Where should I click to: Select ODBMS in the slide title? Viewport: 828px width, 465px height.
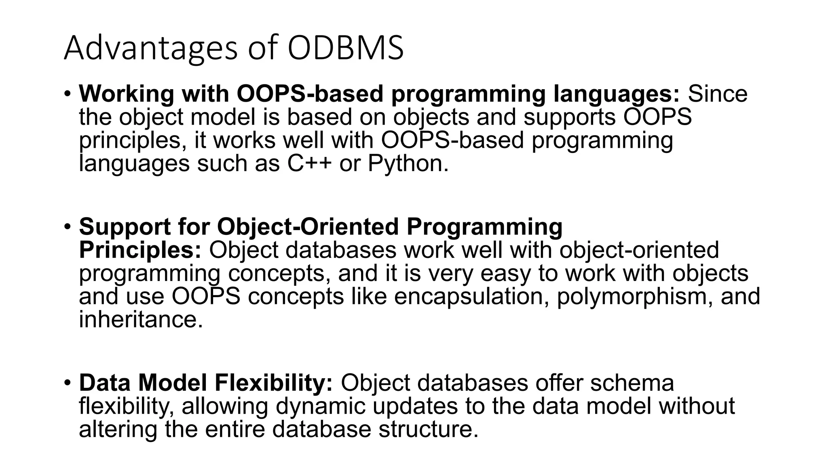point(346,48)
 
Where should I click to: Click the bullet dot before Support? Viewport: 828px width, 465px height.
point(67,226)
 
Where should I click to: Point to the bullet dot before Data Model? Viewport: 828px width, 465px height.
point(67,382)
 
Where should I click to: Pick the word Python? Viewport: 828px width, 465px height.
point(408,163)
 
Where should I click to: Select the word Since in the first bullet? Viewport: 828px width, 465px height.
point(718,94)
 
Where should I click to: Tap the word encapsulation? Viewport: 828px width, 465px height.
point(471,296)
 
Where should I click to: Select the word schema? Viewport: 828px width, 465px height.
point(632,382)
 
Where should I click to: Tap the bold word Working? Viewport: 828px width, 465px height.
point(126,94)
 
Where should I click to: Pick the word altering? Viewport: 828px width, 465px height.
point(118,429)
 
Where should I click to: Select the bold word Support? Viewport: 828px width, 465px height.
point(125,226)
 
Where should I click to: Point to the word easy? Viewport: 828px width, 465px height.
point(505,273)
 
